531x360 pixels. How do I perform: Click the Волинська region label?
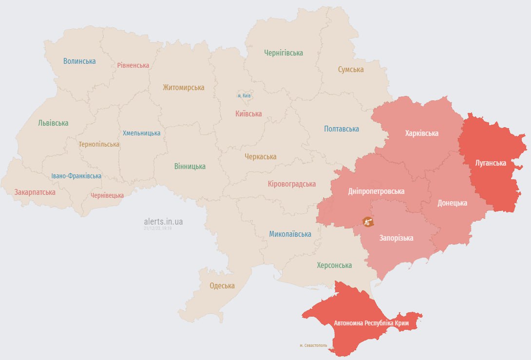(x=79, y=61)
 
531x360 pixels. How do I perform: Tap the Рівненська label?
(x=133, y=65)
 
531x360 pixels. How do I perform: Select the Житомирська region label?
(x=184, y=88)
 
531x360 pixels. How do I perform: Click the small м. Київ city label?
(x=244, y=96)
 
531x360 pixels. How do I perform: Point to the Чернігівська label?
(x=284, y=53)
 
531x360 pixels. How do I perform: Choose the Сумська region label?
(x=351, y=70)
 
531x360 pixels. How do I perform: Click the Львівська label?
(x=53, y=123)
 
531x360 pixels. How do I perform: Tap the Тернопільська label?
(x=99, y=144)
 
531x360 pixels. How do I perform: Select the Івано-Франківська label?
(x=76, y=176)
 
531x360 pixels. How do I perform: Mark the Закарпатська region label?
(x=35, y=192)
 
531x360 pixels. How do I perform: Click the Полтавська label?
(x=341, y=129)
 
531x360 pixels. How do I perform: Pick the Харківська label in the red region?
(x=421, y=133)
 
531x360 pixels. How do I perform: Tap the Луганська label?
(x=491, y=163)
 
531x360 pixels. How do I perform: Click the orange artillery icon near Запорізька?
(x=368, y=222)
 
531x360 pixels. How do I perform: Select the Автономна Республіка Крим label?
(x=371, y=323)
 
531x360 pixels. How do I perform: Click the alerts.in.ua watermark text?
(x=163, y=221)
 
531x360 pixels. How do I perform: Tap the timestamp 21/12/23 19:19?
(x=157, y=228)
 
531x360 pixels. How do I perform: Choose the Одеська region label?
(x=222, y=286)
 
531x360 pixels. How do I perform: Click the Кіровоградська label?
(x=292, y=184)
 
